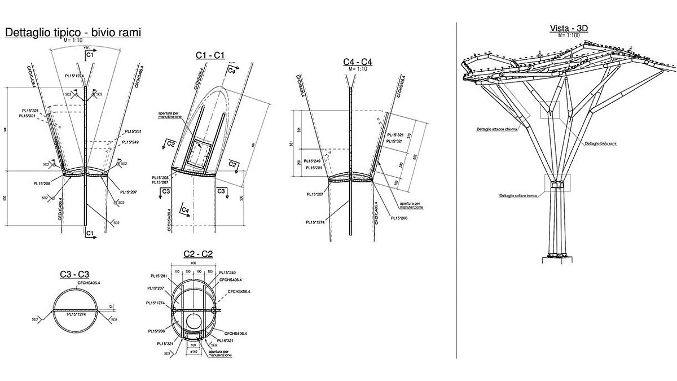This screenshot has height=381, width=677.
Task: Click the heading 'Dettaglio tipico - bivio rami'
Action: pos(73,33)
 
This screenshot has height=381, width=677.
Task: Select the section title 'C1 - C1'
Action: pos(210,55)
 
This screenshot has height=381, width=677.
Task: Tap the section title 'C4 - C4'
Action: pos(358,62)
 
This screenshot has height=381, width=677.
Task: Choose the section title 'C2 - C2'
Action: pos(199,255)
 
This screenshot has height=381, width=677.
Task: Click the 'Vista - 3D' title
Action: pos(569,28)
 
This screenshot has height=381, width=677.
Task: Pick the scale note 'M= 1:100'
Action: pos(569,36)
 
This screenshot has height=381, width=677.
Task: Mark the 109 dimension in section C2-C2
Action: pos(193,343)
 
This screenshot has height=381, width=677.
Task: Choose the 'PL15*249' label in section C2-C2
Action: pos(227,273)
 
